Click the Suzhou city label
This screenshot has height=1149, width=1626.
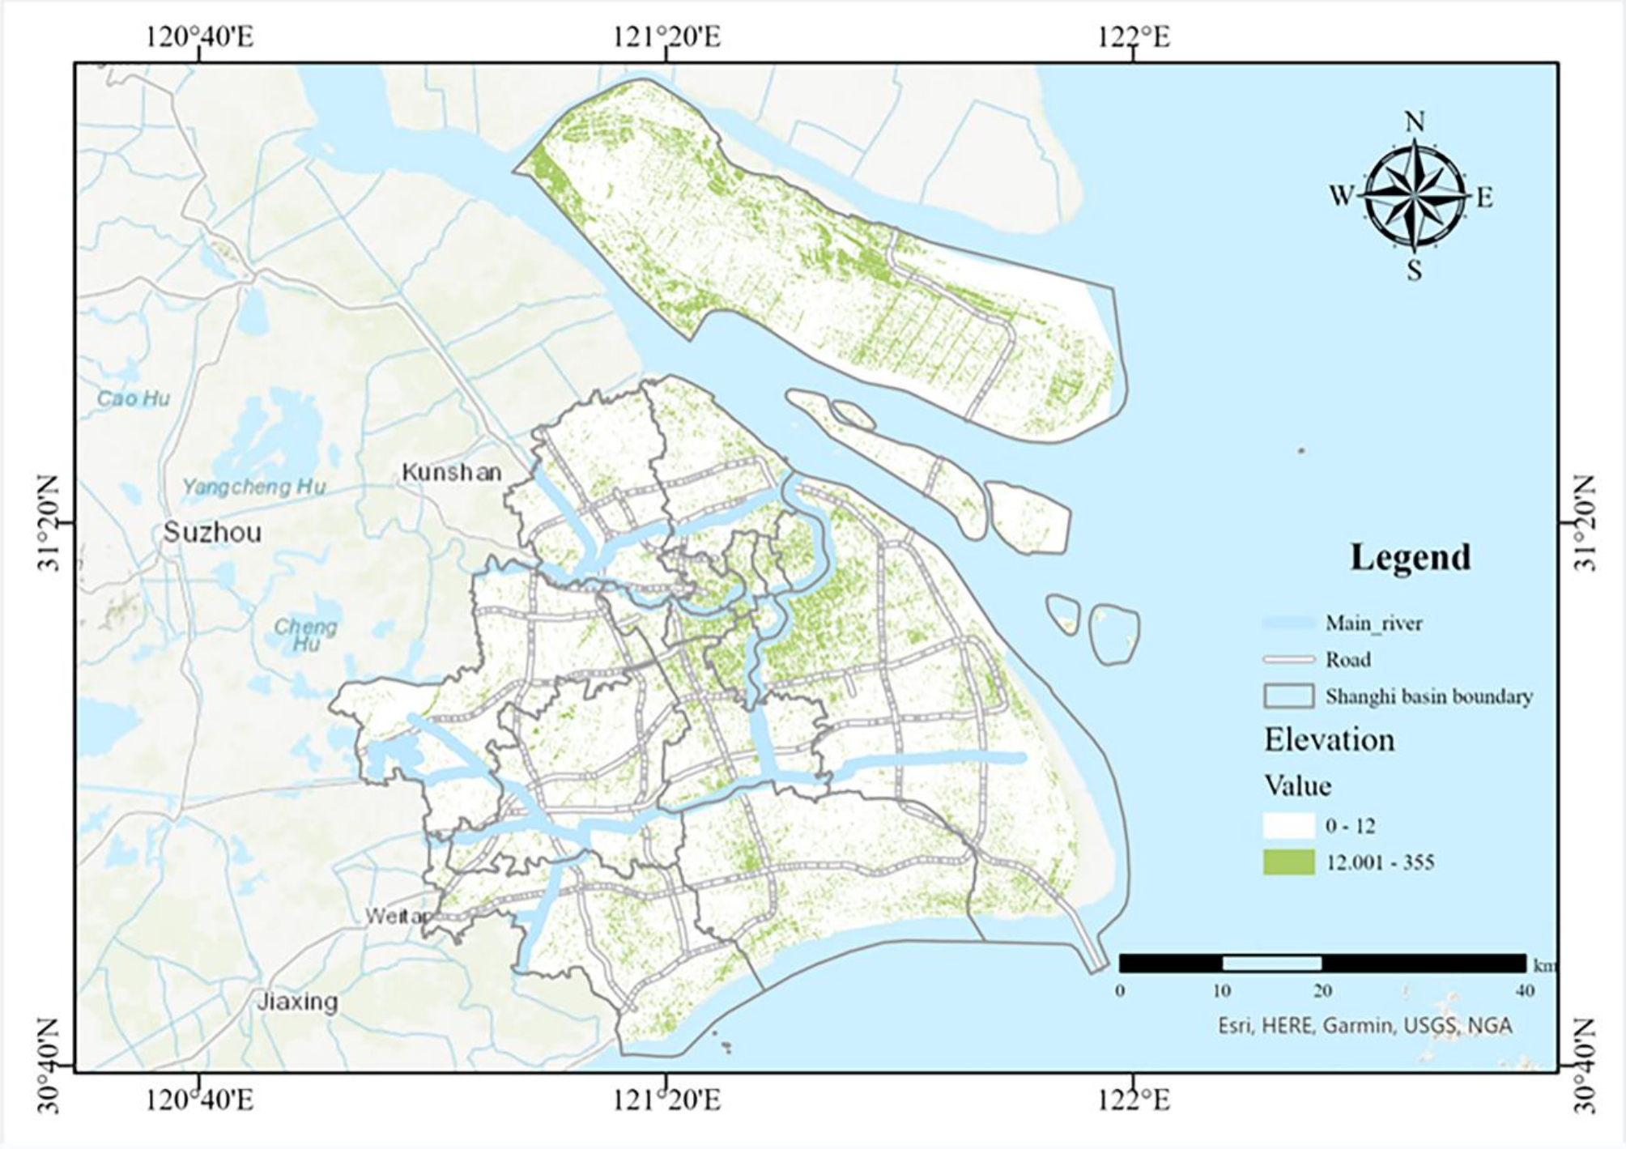(x=212, y=532)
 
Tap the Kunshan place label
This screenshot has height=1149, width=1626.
(x=451, y=472)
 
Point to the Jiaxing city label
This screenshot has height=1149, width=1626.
(x=297, y=1002)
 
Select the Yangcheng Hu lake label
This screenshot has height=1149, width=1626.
(x=253, y=487)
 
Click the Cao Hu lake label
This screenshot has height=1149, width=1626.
(x=133, y=398)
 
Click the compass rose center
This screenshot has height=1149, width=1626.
(x=1414, y=197)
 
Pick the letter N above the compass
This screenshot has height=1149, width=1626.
(x=1414, y=122)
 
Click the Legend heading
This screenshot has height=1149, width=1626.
(x=1410, y=557)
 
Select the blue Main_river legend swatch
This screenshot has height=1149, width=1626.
(x=1288, y=623)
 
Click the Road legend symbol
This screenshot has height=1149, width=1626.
(x=1288, y=659)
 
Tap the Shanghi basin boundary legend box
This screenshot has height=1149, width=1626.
(x=1288, y=696)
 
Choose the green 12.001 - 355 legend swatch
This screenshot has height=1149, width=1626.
(x=1288, y=862)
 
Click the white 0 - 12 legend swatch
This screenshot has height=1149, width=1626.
(x=1288, y=825)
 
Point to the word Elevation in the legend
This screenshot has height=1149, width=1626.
(x=1330, y=739)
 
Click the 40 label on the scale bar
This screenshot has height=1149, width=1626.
(x=1525, y=990)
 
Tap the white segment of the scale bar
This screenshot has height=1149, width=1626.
(x=1271, y=964)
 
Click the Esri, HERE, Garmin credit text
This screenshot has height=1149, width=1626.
(x=1364, y=1026)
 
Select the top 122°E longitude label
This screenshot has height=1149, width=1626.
(x=1134, y=36)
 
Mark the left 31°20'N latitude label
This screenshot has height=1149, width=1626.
(x=50, y=522)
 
